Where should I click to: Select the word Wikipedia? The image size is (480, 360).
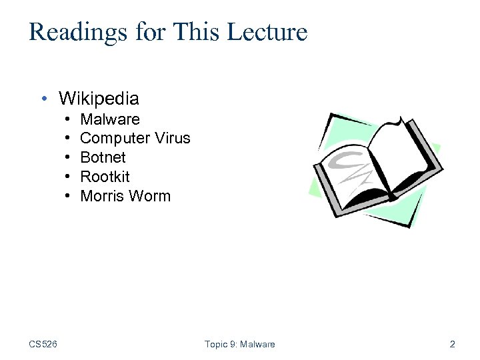click(x=99, y=99)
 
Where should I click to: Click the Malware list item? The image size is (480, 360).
click(x=110, y=119)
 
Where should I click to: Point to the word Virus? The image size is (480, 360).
click(x=173, y=139)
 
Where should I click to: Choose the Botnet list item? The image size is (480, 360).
click(x=103, y=157)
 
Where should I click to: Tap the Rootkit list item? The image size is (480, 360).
click(x=105, y=177)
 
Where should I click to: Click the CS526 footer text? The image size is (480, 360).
click(x=43, y=344)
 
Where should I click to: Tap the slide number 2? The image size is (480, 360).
click(x=453, y=344)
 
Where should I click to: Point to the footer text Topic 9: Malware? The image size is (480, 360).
click(x=239, y=344)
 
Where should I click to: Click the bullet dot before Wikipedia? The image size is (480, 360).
click(x=43, y=99)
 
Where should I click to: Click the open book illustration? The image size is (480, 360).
click(x=374, y=170)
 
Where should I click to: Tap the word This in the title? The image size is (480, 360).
click(x=192, y=32)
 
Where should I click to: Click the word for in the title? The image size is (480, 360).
click(x=149, y=32)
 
